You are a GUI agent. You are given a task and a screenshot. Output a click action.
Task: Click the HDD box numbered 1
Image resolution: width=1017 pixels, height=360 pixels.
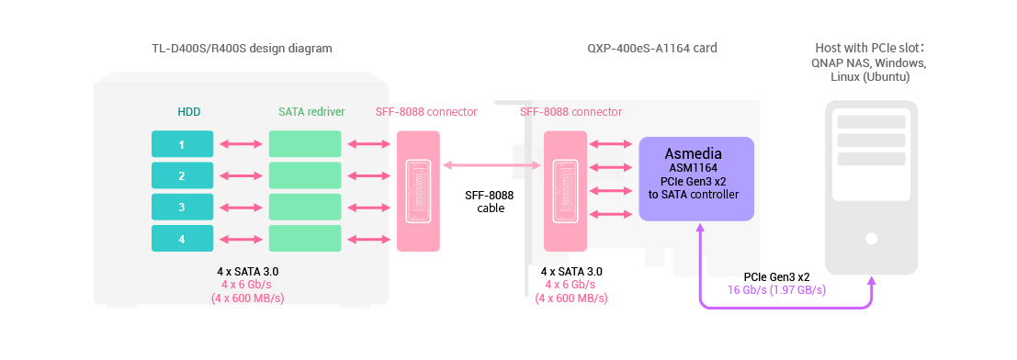182,144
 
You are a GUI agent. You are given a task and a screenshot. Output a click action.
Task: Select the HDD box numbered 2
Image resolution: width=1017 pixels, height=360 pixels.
182,175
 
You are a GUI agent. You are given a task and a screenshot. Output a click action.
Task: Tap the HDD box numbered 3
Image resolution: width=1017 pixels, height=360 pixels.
182,207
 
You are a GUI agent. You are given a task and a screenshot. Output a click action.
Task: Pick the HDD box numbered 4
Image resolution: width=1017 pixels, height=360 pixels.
182,239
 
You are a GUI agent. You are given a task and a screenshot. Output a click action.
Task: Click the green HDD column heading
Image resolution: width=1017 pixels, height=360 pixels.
188,112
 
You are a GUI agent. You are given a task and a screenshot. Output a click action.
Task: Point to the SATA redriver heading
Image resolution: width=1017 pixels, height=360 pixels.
311,112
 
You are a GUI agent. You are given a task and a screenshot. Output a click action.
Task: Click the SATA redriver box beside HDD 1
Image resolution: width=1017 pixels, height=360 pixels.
304,144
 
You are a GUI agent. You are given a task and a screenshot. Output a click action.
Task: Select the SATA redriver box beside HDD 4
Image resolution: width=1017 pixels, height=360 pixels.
304,239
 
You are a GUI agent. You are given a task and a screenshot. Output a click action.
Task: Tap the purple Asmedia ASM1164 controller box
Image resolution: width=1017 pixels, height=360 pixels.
695,178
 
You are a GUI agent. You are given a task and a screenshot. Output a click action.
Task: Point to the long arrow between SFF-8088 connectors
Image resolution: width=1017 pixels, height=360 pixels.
492,166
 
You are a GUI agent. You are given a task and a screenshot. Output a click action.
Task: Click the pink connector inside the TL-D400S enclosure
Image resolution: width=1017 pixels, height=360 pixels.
418,190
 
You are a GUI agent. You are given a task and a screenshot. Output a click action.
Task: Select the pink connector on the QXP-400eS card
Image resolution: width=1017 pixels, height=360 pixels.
565,190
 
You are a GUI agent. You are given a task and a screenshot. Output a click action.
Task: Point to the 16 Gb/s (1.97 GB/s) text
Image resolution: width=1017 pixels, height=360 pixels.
777,289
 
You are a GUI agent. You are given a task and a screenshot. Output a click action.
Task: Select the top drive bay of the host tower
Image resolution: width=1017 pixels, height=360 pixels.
871,122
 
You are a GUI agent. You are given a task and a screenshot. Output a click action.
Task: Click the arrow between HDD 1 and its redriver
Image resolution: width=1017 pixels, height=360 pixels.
241,144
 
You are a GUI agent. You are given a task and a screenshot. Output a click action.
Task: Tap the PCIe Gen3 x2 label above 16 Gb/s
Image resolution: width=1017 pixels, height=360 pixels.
776,276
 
